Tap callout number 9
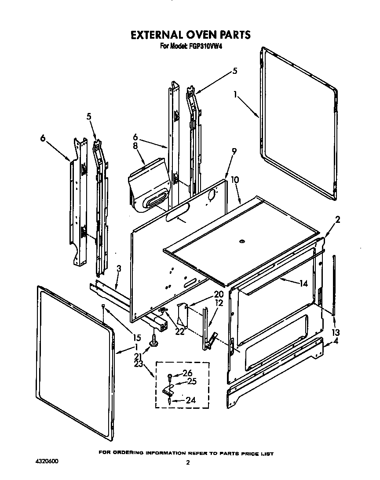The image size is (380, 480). coord(234,151)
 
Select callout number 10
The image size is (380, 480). coord(235,180)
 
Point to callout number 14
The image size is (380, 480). coord(303,284)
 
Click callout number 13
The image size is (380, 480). coord(336,332)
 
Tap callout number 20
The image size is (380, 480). coord(219,295)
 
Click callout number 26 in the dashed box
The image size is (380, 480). coord(186,373)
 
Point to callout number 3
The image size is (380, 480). coord(119,269)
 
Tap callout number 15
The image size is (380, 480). coord(137,338)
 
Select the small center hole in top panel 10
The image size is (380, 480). coord(241,241)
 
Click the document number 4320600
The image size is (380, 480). coord(46,462)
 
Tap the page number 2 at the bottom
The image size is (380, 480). coord(188,462)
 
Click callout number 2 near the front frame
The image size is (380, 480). coord(337,220)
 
